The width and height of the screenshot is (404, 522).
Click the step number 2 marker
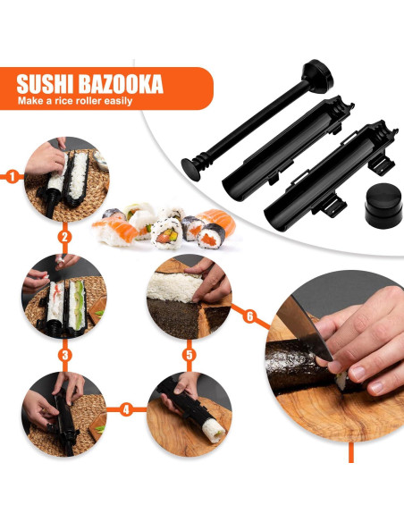[64, 238]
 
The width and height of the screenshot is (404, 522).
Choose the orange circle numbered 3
[64, 355]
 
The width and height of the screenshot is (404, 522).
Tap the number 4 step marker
[126, 409]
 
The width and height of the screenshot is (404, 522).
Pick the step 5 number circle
[189, 355]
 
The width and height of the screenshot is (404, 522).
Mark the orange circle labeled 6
[250, 316]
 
